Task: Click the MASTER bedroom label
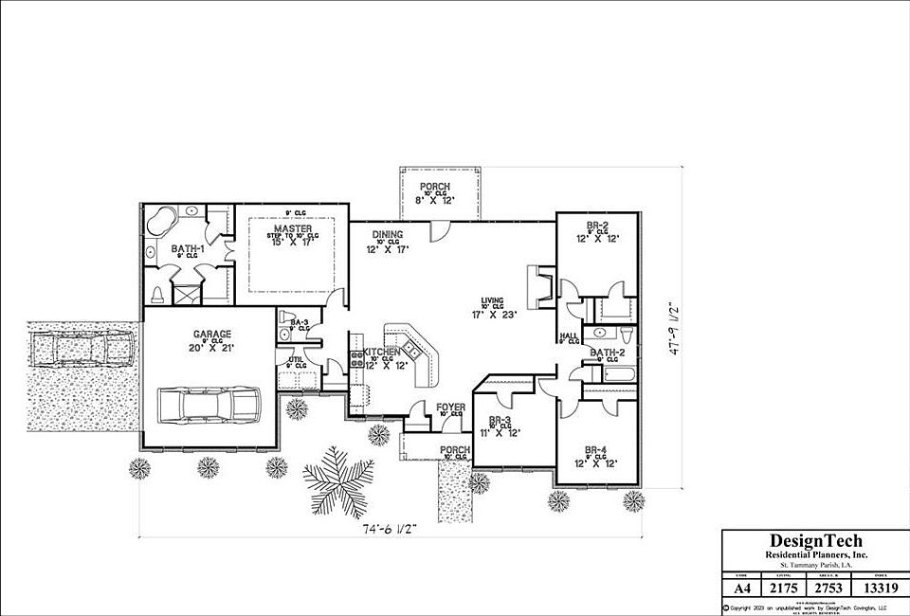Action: pos(293,229)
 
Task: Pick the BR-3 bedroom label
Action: pos(501,420)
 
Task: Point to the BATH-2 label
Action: pos(608,353)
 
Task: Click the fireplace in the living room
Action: pos(538,287)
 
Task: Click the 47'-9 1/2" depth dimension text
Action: pos(673,328)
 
